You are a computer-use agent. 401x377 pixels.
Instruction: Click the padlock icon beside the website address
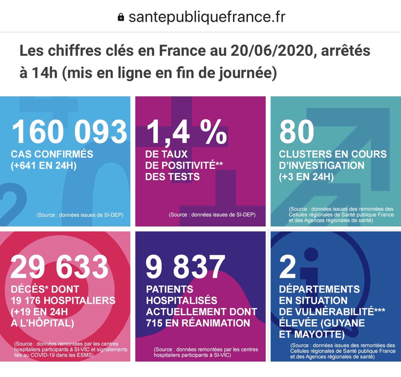[x=121, y=17]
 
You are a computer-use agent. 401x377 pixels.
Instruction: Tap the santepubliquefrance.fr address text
[x=207, y=17]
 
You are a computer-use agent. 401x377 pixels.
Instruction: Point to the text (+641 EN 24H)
[x=44, y=165]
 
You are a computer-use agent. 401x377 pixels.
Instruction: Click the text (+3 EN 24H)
[x=306, y=177]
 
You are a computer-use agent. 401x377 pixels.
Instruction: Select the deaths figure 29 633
[x=59, y=267]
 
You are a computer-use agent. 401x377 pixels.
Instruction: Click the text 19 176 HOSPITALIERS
[x=63, y=301]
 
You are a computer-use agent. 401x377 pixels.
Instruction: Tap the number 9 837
[x=185, y=267]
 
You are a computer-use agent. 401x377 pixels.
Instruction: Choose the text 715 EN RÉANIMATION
[x=198, y=323]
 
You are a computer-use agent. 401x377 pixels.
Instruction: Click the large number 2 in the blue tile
[x=287, y=267]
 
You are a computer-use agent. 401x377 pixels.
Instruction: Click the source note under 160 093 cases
[x=80, y=215]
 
